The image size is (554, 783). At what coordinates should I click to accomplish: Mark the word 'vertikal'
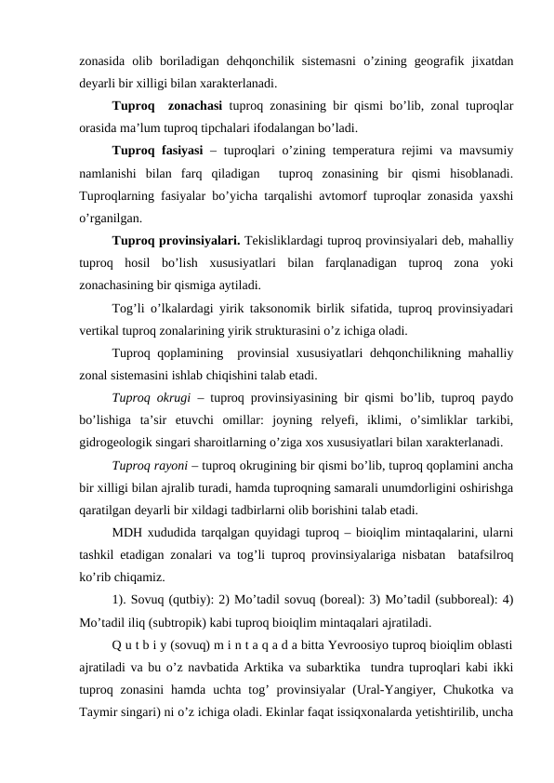pos(100,329)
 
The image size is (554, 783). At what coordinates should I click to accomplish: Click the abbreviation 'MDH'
pos(127,532)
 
